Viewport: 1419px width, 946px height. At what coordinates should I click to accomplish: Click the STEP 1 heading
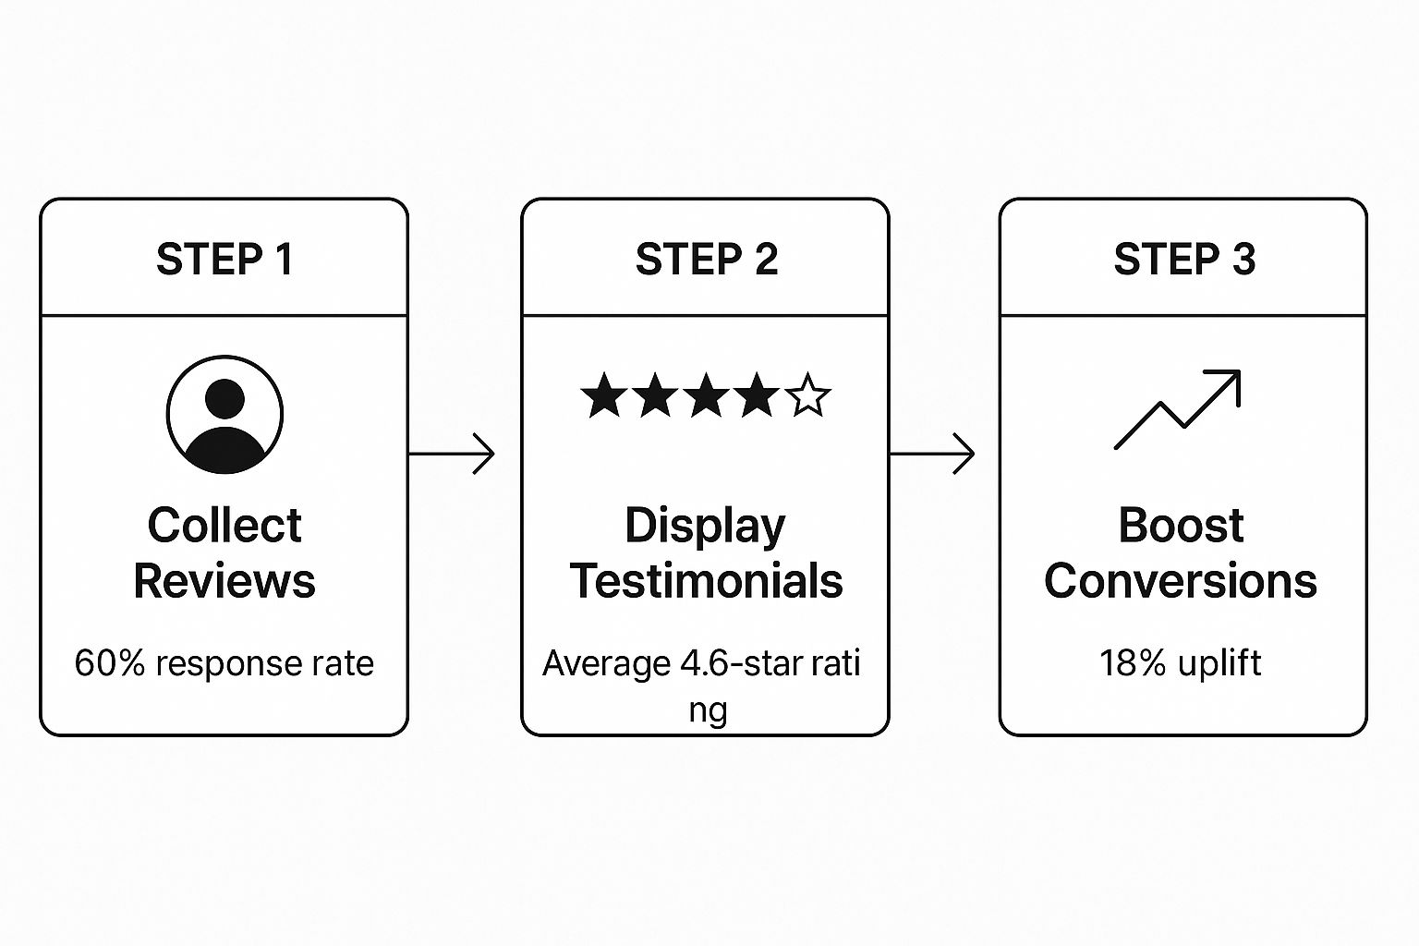point(224,260)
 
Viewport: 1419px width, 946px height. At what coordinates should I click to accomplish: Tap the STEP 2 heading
point(707,260)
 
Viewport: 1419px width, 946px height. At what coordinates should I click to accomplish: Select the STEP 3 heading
point(1184,260)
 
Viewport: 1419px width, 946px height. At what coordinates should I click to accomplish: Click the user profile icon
point(224,415)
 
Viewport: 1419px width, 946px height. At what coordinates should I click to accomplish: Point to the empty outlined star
point(808,395)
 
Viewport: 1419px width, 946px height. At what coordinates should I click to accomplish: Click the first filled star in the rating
point(604,395)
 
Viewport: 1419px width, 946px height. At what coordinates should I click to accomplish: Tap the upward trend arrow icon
point(1178,409)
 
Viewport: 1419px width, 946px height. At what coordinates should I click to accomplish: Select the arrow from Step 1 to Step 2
point(452,454)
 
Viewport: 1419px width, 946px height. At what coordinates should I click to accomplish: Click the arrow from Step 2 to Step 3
point(932,454)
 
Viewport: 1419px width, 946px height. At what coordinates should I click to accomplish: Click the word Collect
point(224,526)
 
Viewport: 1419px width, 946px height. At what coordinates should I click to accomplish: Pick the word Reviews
point(224,581)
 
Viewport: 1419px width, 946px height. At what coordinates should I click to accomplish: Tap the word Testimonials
point(707,581)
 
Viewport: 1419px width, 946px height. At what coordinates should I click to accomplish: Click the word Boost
point(1181,526)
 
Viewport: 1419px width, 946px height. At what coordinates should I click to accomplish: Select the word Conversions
point(1181,581)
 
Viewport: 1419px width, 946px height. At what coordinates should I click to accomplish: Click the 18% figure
point(1132,663)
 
